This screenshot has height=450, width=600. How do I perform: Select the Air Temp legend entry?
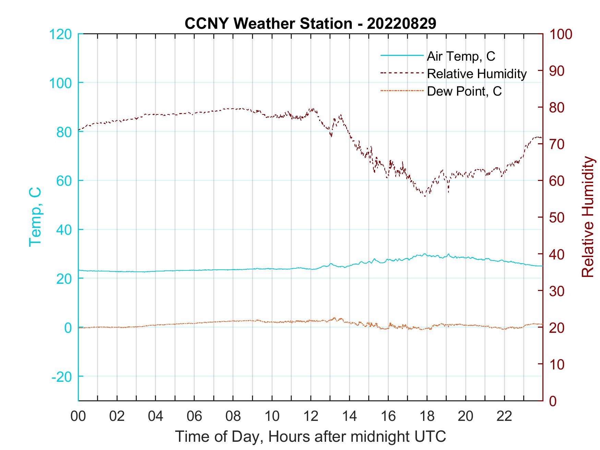[461, 56]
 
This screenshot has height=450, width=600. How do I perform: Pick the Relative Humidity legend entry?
[477, 74]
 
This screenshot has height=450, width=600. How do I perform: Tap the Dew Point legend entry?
[464, 91]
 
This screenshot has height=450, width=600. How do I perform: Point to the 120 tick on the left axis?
[61, 34]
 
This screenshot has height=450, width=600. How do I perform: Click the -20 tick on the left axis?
[62, 377]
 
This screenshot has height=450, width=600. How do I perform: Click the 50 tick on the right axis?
[557, 218]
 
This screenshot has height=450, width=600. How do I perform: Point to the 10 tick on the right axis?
[557, 364]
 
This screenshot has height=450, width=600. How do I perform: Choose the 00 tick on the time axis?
[78, 416]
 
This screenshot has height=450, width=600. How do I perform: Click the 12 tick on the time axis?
[311, 416]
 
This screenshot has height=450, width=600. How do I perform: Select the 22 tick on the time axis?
[504, 416]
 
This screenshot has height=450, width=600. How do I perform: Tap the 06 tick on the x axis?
[194, 416]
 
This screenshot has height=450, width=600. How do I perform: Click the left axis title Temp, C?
[35, 217]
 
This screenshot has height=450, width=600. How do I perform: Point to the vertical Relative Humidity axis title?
[588, 217]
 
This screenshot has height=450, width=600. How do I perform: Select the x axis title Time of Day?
[311, 437]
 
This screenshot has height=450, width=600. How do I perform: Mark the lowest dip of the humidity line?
[425, 196]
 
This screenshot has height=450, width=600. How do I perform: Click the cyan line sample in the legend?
[402, 56]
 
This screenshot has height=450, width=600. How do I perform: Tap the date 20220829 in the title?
[401, 24]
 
